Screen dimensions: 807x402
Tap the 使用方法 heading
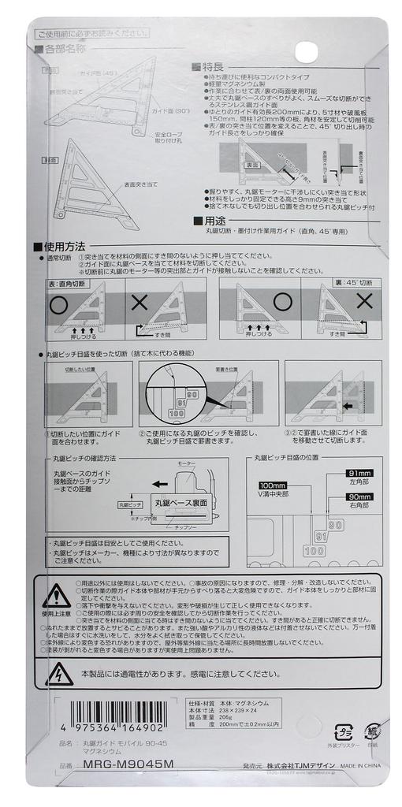pyautogui.click(x=64, y=247)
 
